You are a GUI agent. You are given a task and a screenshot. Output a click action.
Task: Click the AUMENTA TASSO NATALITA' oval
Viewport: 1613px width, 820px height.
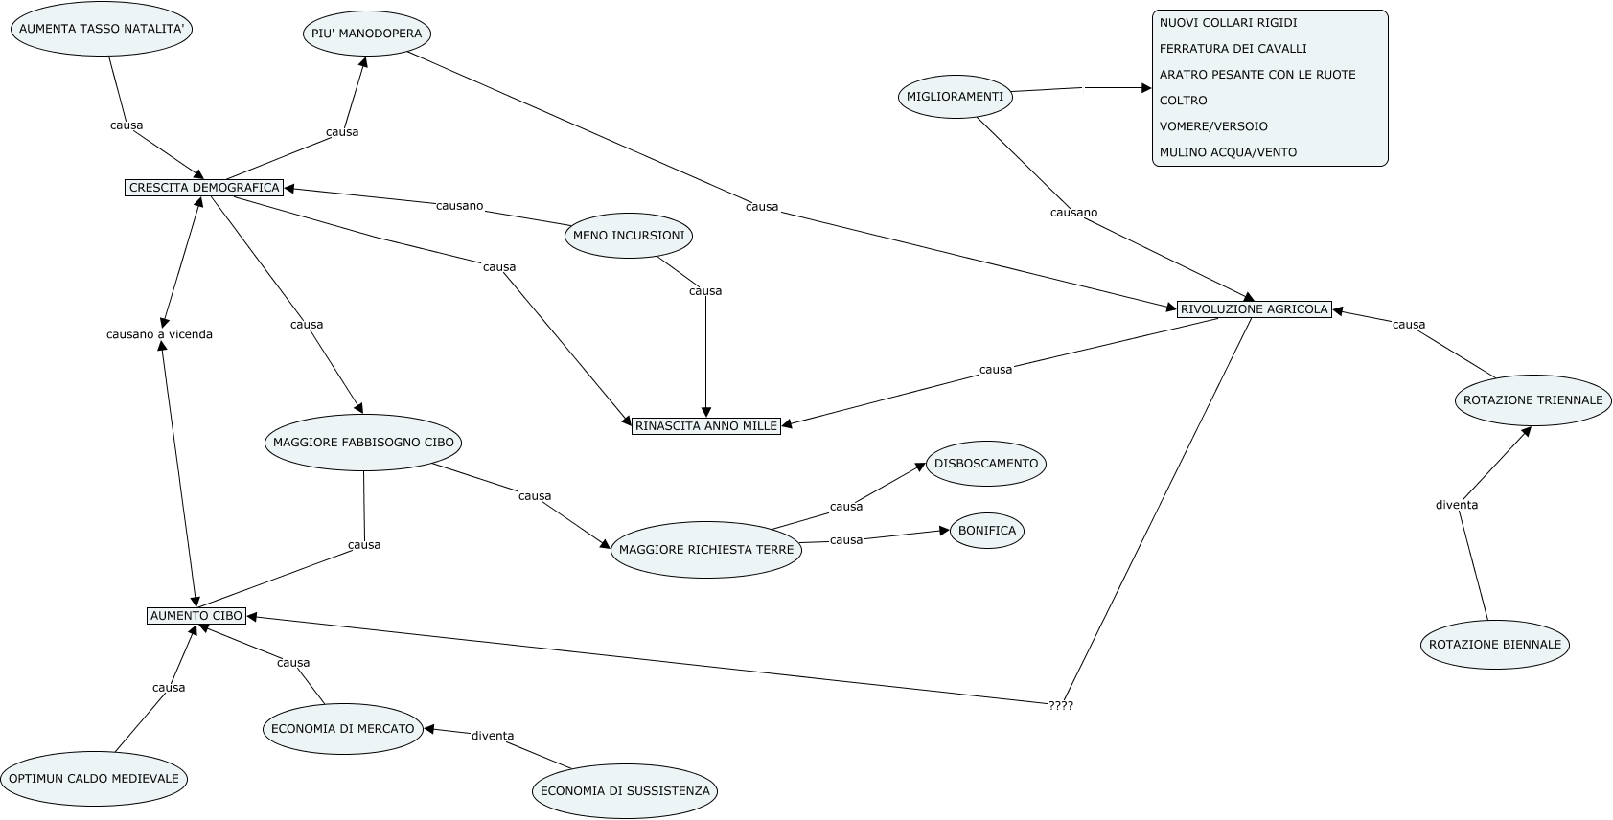pyautogui.click(x=102, y=29)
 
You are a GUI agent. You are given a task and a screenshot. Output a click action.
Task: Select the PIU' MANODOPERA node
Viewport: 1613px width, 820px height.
pyautogui.click(x=366, y=34)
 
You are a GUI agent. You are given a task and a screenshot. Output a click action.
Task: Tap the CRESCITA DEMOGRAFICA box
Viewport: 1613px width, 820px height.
pyautogui.click(x=204, y=187)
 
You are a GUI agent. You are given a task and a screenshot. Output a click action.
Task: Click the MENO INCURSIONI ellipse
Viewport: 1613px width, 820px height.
pyautogui.click(x=629, y=236)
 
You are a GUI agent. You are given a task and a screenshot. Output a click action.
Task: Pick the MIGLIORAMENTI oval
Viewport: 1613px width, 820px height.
pyautogui.click(x=955, y=97)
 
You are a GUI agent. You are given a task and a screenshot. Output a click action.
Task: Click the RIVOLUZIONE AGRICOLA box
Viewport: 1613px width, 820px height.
pyautogui.click(x=1254, y=308)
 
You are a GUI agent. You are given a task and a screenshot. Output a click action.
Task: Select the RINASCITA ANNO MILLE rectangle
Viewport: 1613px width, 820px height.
pyautogui.click(x=705, y=425)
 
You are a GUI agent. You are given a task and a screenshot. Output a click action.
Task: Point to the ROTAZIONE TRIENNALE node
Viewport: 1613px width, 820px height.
pyautogui.click(x=1532, y=400)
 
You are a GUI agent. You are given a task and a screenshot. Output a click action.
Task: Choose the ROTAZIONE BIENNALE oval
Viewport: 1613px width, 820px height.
pyautogui.click(x=1495, y=645)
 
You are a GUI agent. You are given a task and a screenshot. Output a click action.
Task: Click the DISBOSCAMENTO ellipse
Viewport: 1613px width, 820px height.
pyautogui.click(x=986, y=464)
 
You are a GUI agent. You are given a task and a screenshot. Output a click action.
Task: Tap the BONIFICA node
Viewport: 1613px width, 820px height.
pyautogui.click(x=986, y=531)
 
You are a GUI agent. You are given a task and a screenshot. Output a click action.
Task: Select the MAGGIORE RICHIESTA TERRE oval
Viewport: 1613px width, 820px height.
pyautogui.click(x=705, y=549)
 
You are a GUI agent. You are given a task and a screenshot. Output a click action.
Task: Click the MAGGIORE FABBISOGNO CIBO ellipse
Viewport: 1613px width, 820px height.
pyautogui.click(x=363, y=442)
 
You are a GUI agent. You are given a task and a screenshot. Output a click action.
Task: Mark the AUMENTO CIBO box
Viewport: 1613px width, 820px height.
pyautogui.click(x=196, y=616)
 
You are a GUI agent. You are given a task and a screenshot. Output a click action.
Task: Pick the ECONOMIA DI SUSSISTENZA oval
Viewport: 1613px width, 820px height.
pyautogui.click(x=625, y=791)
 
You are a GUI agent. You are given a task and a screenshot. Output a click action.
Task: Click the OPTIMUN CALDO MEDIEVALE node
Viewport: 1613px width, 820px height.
pyautogui.click(x=94, y=778)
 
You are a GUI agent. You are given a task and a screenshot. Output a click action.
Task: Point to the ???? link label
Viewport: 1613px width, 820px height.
pyautogui.click(x=1061, y=706)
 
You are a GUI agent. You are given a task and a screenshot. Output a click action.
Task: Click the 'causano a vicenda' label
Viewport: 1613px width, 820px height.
pyautogui.click(x=159, y=334)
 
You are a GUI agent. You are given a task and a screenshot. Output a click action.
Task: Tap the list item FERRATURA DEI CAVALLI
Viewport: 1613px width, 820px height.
pyautogui.click(x=1233, y=48)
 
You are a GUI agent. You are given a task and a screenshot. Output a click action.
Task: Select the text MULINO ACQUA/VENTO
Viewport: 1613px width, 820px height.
pyautogui.click(x=1228, y=152)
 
